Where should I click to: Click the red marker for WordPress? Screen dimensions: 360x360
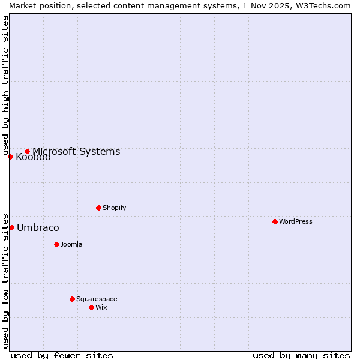click(275, 221)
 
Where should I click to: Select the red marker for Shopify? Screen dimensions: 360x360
click(98, 208)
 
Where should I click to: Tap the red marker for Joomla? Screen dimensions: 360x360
click(56, 244)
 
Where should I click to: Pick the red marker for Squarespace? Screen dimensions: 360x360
click(72, 299)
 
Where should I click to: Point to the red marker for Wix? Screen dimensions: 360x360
click(91, 307)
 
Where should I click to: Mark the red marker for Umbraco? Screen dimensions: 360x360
click(11, 227)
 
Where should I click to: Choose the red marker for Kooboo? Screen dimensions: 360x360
click(10, 157)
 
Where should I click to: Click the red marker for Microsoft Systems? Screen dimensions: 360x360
click(27, 151)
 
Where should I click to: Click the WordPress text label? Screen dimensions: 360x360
click(296, 221)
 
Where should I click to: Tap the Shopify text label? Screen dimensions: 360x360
click(115, 208)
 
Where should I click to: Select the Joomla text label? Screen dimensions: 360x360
click(71, 244)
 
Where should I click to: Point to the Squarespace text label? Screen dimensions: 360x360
click(97, 299)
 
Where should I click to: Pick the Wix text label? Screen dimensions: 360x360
click(101, 307)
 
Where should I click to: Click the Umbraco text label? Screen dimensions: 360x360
click(38, 227)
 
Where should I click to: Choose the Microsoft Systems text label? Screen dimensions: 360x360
click(76, 151)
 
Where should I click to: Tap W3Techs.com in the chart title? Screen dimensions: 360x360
click(326, 5)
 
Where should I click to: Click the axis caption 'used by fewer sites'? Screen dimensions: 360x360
click(62, 355)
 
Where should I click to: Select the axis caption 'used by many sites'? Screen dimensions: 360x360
click(301, 355)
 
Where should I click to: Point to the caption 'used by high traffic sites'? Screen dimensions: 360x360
click(5, 86)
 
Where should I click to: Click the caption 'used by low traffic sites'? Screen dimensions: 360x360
click(5, 280)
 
